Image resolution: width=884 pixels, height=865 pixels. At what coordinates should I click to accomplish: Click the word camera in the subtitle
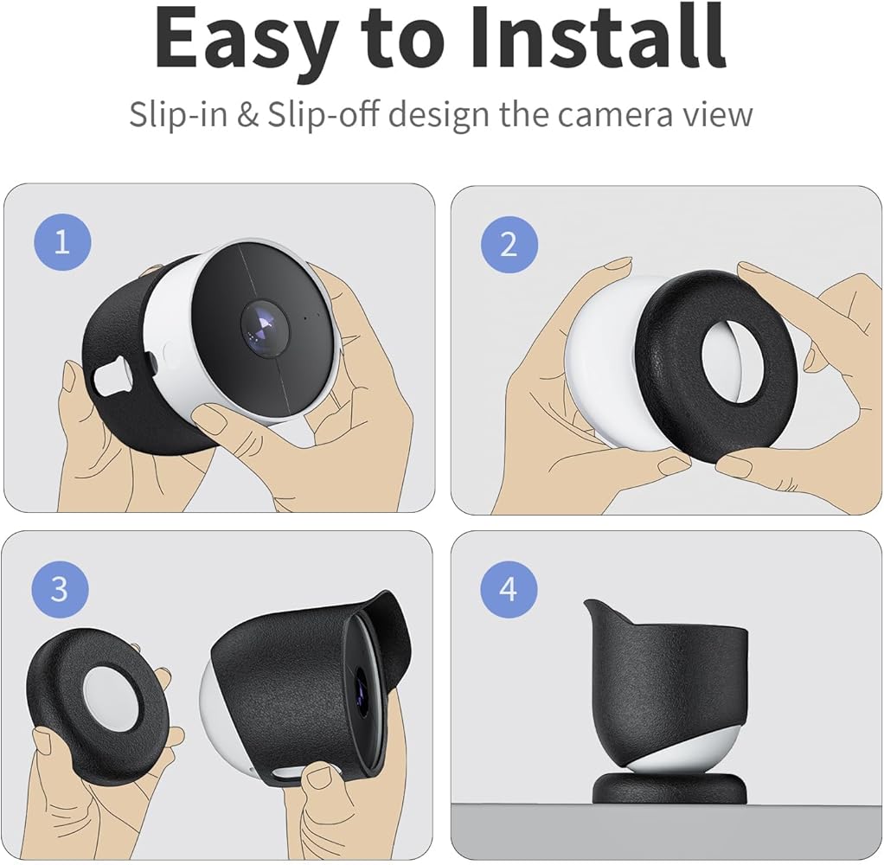pos(615,114)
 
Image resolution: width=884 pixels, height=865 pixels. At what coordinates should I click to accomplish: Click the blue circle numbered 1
pos(61,241)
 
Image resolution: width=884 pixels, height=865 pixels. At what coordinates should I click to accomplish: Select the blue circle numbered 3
pos(59,589)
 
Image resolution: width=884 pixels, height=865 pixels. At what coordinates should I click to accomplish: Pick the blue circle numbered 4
pos(509,590)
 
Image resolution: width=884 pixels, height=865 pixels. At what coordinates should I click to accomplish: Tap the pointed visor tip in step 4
pos(591,607)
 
